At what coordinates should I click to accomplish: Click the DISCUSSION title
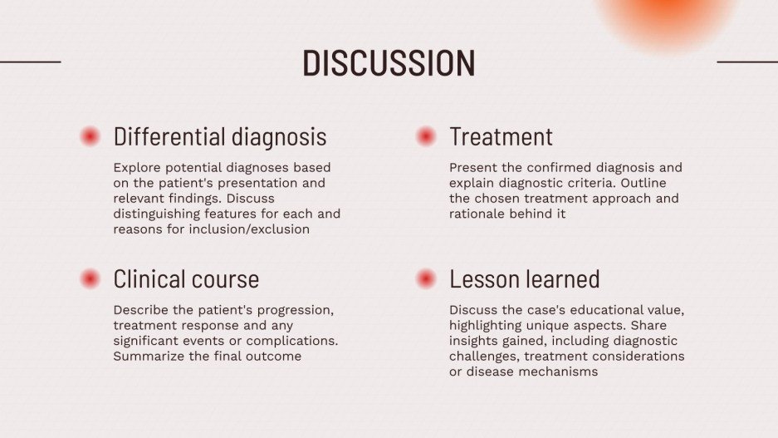tap(389, 63)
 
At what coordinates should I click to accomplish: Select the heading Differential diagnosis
tap(220, 136)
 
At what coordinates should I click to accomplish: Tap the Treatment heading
tap(501, 136)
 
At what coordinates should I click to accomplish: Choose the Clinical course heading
tap(186, 278)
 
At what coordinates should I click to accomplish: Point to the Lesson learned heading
tap(524, 278)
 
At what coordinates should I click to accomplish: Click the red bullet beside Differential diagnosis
tap(90, 137)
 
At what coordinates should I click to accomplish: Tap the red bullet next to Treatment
tap(426, 137)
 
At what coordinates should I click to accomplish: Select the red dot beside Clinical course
tap(90, 279)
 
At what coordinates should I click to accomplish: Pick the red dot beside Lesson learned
tap(426, 279)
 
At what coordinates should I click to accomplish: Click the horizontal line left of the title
tap(30, 62)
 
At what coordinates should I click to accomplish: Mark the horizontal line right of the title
tap(746, 62)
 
